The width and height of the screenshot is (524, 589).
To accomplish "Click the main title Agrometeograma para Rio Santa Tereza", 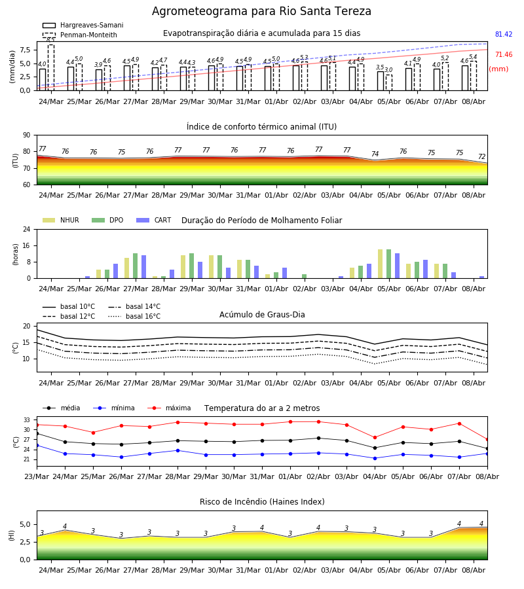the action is coord(261,11).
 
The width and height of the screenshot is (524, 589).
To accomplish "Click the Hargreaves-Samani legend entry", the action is coord(83,25).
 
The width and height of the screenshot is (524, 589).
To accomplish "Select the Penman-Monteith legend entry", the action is coord(80,35).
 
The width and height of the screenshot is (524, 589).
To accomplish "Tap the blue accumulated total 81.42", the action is coord(504,34).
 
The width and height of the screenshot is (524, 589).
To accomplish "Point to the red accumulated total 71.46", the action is coord(504,54).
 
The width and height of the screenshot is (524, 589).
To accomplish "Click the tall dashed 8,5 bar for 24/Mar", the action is coord(50,67).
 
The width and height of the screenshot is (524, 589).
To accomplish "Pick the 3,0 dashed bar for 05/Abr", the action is coord(388,82).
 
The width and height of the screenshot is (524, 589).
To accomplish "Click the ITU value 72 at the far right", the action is coord(481,156).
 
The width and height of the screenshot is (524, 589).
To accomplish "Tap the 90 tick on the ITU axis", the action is coord(27,135).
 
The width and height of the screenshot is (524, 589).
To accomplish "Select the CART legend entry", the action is coord(154,220).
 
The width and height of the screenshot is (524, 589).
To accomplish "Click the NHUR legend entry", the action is coord(61,220).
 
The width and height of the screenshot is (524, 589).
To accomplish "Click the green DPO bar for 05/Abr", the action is coord(388,264).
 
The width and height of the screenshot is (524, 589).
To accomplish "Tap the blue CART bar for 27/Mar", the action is coord(143,267).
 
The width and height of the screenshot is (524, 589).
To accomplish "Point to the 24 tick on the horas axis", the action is coord(27,230).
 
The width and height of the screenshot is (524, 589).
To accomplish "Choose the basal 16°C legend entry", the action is coord(134,316).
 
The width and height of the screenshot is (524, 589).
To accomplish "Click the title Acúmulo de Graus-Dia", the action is coord(262,314).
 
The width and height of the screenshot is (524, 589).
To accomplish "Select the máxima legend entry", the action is coord(169,408).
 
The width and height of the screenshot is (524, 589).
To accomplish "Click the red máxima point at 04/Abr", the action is coord(375,438).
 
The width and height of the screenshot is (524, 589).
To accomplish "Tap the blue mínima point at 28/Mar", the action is coord(178,450).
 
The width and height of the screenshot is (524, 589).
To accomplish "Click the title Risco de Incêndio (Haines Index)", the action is coord(262,501).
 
